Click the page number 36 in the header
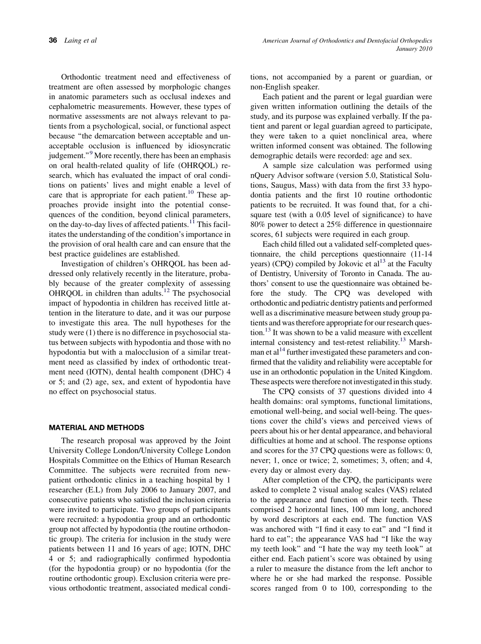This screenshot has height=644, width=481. [x=53, y=41]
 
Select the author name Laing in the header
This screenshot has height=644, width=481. [x=74, y=41]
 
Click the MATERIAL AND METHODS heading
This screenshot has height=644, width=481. [x=96, y=427]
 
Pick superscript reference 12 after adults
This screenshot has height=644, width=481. [x=166, y=290]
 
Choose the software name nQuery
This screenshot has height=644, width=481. [x=264, y=175]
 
